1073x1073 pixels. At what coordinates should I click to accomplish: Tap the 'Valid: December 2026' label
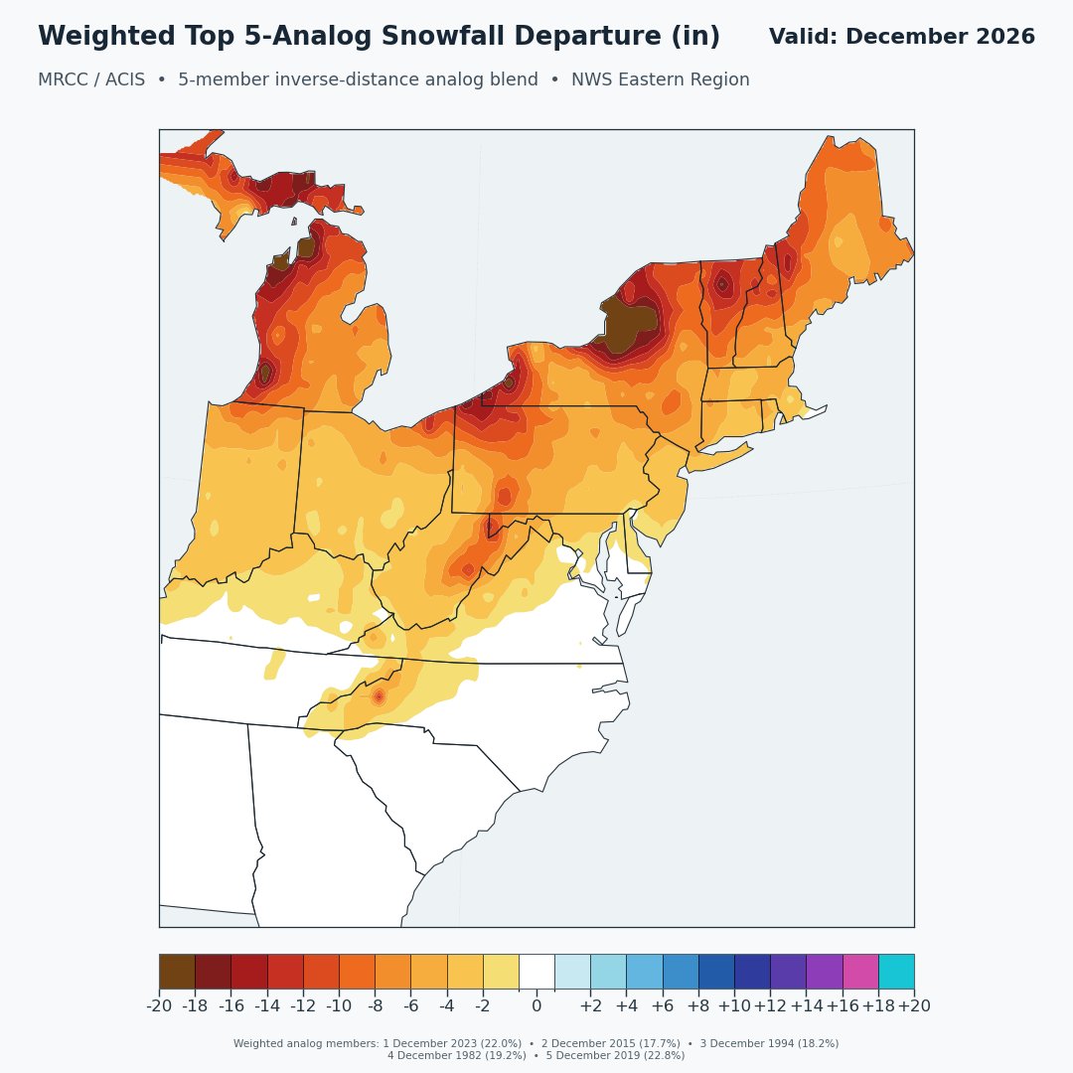[x=902, y=37]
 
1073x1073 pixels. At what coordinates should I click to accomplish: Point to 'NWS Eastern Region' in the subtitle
[x=661, y=79]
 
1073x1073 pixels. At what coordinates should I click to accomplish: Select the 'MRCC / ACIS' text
[x=91, y=79]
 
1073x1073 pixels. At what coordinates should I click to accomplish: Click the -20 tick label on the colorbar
[x=159, y=1005]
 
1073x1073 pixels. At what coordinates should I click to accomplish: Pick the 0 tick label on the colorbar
[x=536, y=1005]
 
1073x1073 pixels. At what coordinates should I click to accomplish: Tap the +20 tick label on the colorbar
[x=914, y=1005]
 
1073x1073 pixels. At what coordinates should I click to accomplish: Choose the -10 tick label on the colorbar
[x=340, y=1005]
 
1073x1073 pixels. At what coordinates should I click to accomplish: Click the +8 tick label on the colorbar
[x=698, y=1005]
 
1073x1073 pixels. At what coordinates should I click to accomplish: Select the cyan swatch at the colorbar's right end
[x=896, y=972]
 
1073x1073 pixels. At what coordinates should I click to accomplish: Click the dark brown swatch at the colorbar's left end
[x=177, y=972]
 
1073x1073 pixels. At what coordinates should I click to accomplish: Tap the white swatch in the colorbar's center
[x=536, y=972]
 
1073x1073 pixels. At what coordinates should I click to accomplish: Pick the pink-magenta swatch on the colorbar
[x=860, y=972]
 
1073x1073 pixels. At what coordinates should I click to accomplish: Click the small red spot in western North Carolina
[x=379, y=697]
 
